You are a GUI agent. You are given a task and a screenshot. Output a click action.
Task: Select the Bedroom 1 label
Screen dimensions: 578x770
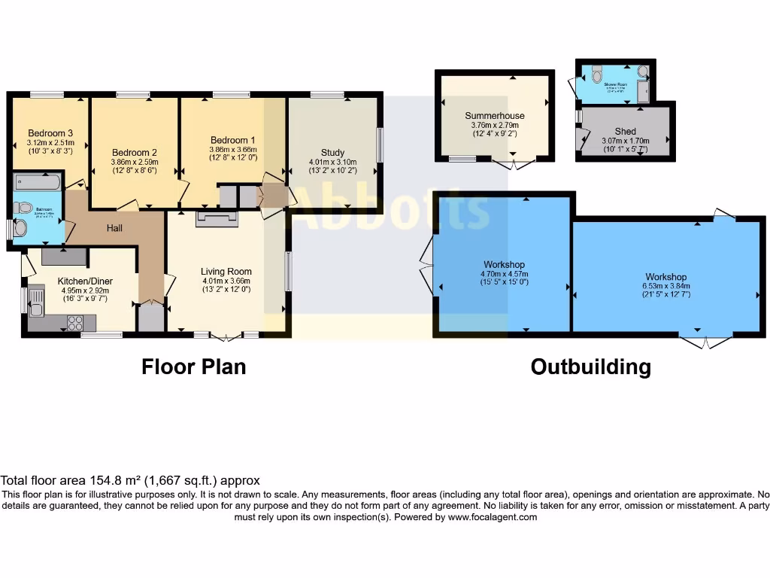[x=232, y=140]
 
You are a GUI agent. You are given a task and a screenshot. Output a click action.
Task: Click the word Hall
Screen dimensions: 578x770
[x=114, y=228]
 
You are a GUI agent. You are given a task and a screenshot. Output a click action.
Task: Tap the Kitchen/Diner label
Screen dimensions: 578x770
[x=84, y=281]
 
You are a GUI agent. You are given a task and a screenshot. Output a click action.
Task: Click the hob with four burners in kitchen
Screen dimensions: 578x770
[x=75, y=323]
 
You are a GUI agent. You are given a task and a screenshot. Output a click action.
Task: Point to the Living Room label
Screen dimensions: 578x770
[x=226, y=272]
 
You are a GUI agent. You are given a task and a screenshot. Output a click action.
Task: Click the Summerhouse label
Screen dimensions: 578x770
[x=494, y=116]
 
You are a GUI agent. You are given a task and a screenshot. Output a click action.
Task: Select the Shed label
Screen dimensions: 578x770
[x=625, y=132]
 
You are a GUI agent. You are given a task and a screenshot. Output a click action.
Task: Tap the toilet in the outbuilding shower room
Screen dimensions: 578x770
[x=597, y=75]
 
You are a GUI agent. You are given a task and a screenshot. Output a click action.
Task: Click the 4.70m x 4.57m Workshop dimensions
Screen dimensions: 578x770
[x=504, y=274]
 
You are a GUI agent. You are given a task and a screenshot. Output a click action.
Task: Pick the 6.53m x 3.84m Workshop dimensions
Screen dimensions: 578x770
[x=665, y=286]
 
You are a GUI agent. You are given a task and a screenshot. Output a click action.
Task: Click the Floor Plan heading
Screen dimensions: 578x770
[x=194, y=367]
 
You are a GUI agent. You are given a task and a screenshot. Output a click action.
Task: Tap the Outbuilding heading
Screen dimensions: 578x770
[x=590, y=367]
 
